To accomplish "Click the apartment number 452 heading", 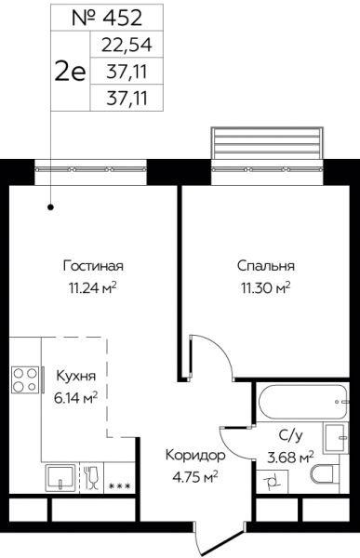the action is pyautogui.click(x=107, y=18).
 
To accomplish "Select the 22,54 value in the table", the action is pyautogui.click(x=127, y=45).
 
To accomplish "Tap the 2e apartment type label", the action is pyautogui.click(x=70, y=71).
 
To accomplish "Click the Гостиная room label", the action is pyautogui.click(x=93, y=266).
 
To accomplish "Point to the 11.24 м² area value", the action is pyautogui.click(x=93, y=286).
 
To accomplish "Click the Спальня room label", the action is pyautogui.click(x=266, y=266).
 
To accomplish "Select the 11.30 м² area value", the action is pyautogui.click(x=266, y=286).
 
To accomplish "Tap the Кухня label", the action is pyautogui.click(x=76, y=376).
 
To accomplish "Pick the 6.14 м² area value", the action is pyautogui.click(x=76, y=397).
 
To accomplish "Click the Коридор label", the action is pyautogui.click(x=195, y=455).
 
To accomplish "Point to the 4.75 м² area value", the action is pyautogui.click(x=195, y=476).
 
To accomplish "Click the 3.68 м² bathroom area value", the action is pyautogui.click(x=290, y=457).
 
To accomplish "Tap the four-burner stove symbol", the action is pyautogui.click(x=25, y=380).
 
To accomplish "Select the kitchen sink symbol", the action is pyautogui.click(x=60, y=478).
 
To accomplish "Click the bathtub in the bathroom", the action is pyautogui.click(x=302, y=402).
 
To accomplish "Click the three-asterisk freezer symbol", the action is pyautogui.click(x=120, y=485).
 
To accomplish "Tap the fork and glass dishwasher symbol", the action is pyautogui.click(x=91, y=478).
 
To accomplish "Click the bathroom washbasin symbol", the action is pyautogui.click(x=336, y=437).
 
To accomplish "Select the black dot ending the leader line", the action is pyautogui.click(x=51, y=206).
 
